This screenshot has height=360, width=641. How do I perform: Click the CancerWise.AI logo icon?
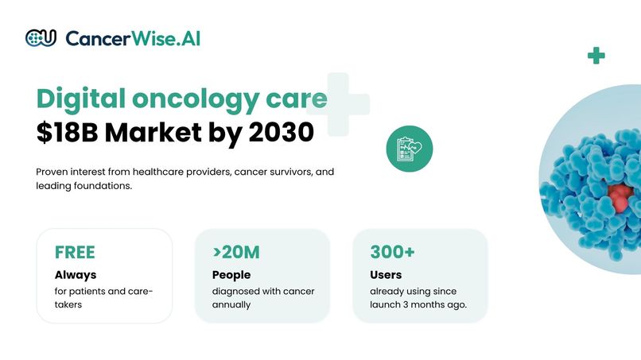(x=41, y=37)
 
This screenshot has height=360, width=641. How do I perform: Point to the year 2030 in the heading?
(x=281, y=133)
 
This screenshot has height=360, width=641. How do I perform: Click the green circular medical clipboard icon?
(x=409, y=148)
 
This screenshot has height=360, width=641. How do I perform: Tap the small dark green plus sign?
(x=596, y=56)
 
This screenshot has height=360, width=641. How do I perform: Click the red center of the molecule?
(x=620, y=195)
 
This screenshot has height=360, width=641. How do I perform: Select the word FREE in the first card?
(x=75, y=253)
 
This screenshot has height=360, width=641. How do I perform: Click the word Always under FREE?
(x=76, y=275)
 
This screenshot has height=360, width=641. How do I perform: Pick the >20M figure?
(x=235, y=253)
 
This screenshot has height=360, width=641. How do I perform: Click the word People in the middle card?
(x=231, y=275)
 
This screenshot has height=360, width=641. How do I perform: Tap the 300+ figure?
(x=392, y=253)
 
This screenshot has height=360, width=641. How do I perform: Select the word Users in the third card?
(x=387, y=275)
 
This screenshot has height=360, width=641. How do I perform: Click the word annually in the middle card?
(x=231, y=304)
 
